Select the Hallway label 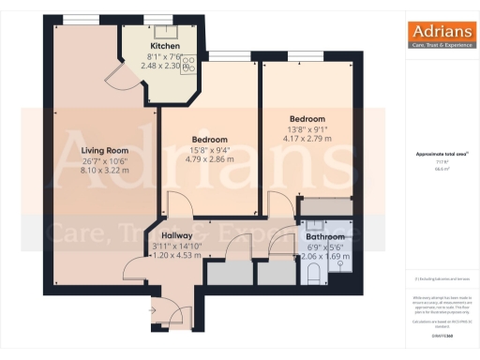point(176,235)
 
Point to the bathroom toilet point(315,271)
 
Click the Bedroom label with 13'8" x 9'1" point(307,119)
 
